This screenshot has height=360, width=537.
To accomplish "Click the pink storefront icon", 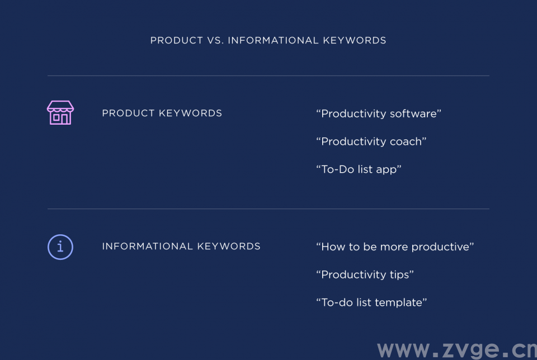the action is [x=60, y=112].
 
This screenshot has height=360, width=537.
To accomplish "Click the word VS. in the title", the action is [x=215, y=40].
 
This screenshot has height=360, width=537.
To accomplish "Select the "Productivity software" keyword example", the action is [x=379, y=113].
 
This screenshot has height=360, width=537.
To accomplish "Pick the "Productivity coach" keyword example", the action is [x=371, y=141].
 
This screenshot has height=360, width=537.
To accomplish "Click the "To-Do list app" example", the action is [x=359, y=169].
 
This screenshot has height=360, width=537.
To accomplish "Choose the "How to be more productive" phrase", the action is [x=395, y=247].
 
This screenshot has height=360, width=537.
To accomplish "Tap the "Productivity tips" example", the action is [x=365, y=274].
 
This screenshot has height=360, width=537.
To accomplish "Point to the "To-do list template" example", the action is [x=371, y=302].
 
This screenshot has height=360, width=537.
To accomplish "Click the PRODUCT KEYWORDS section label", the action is [x=162, y=113].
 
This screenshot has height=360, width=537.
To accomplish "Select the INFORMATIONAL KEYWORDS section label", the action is [x=181, y=247].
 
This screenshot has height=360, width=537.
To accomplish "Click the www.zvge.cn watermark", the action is [x=457, y=350].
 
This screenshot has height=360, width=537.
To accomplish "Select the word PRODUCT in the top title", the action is [x=177, y=40].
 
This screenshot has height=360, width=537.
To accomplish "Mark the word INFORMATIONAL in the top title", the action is [x=274, y=40].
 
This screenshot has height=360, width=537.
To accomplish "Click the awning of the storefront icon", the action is [x=60, y=106].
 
